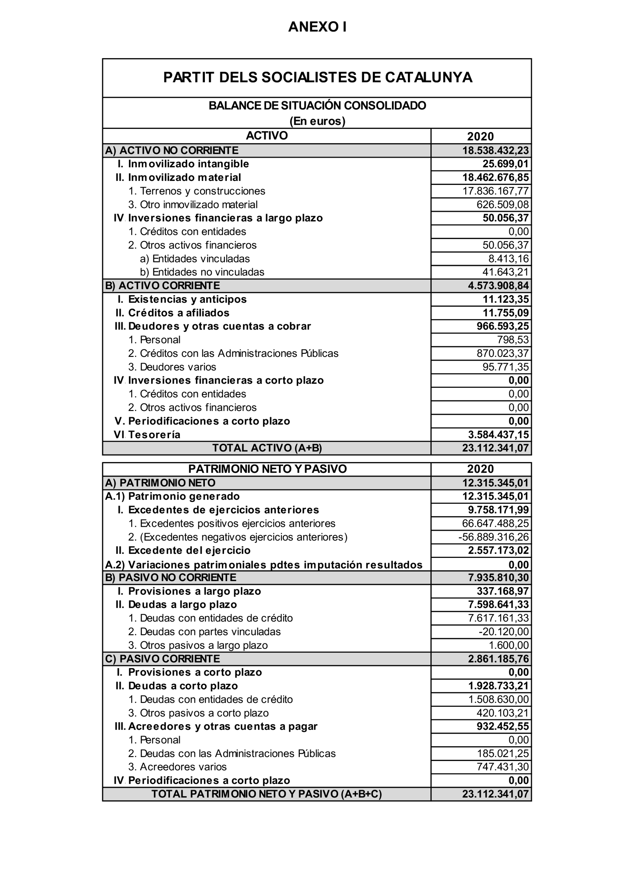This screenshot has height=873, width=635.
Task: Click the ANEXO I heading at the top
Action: click(317, 27)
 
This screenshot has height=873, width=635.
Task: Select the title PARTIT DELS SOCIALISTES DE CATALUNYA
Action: click(317, 77)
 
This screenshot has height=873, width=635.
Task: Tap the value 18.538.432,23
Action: click(495, 151)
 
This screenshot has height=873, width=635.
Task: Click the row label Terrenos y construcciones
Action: click(197, 191)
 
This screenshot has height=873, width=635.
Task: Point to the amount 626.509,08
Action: click(503, 204)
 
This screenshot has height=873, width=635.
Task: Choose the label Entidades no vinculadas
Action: click(202, 272)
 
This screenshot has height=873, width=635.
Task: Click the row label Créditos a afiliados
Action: click(178, 313)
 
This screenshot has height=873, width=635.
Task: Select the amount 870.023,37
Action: click(503, 353)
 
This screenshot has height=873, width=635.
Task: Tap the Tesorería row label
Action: click(154, 435)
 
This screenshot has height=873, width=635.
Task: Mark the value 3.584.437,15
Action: click(498, 435)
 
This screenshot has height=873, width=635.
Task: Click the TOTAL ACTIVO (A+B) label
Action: click(267, 448)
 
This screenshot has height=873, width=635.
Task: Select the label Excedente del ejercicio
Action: click(189, 550)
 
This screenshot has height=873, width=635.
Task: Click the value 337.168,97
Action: click(503, 591)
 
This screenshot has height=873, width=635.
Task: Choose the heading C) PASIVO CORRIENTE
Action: click(162, 659)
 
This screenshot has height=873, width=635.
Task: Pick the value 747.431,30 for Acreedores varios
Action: click(503, 767)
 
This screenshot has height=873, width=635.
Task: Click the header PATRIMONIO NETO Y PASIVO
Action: click(267, 469)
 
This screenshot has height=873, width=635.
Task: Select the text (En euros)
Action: click(317, 121)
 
